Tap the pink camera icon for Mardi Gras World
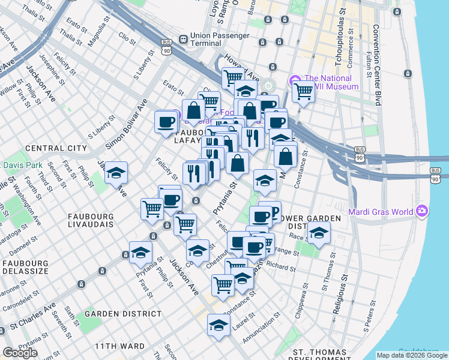tap(423, 211)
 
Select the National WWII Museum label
tap(328, 82)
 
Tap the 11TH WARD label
tap(119, 347)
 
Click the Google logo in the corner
tap(20, 353)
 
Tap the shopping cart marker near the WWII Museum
tap(303, 92)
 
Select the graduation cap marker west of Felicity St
tap(116, 173)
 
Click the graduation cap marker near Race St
tap(319, 232)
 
